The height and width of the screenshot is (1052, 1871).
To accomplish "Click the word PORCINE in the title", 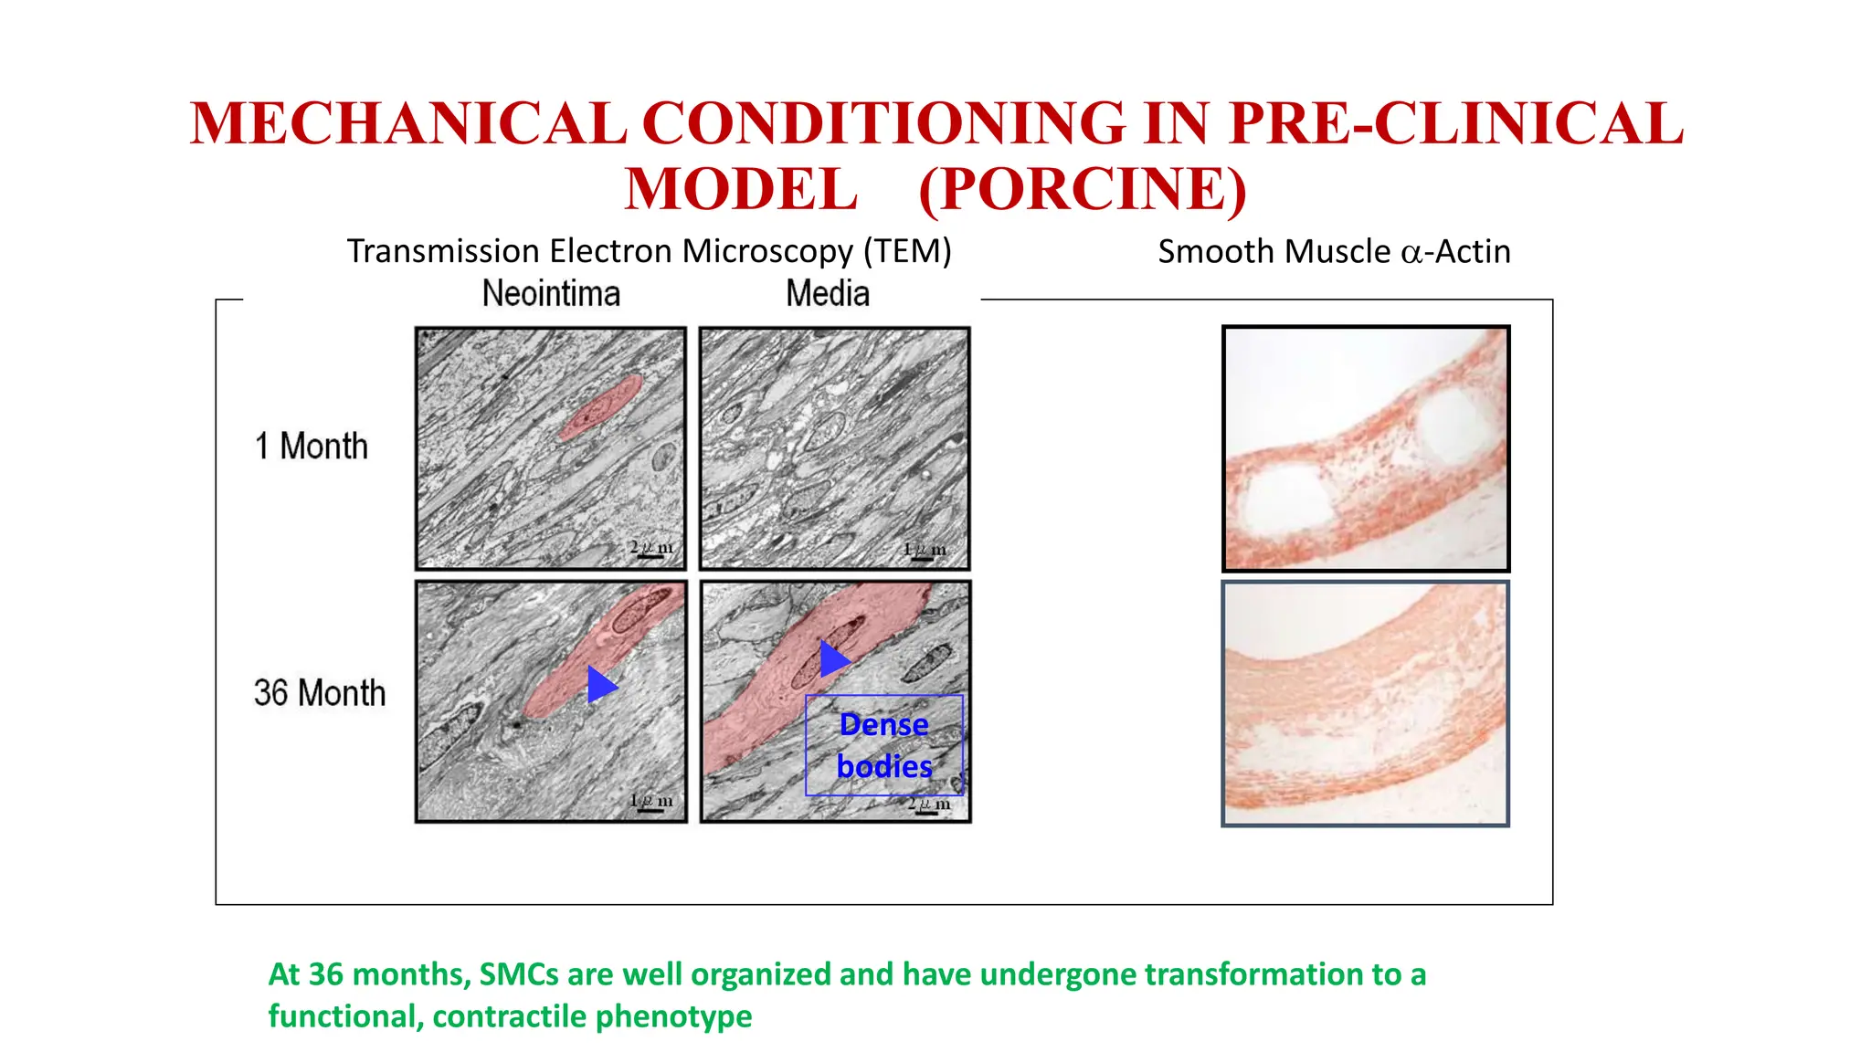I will [x=1083, y=189].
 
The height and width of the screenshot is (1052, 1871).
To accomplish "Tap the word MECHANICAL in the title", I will [x=408, y=123].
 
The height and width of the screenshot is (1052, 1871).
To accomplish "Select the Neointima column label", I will [x=551, y=294].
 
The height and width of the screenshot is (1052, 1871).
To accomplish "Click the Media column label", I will [x=828, y=294].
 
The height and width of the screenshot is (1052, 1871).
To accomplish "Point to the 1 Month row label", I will [x=312, y=447].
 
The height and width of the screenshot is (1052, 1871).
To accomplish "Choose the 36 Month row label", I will [x=320, y=693].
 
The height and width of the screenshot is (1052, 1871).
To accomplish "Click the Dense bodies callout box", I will [x=883, y=745].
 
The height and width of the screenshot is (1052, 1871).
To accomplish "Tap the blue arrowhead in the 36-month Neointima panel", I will [x=601, y=684].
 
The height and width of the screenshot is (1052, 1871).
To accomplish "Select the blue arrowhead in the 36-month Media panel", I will [x=833, y=658].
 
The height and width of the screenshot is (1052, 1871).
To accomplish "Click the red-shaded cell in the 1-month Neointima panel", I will [x=600, y=407].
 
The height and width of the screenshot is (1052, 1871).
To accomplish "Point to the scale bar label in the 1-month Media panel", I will [x=925, y=550].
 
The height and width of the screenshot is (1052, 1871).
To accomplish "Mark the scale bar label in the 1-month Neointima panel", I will [x=651, y=547].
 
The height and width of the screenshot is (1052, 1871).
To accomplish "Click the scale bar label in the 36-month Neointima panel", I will [x=651, y=801].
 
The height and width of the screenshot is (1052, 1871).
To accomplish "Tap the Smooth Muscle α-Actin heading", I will [x=1334, y=251].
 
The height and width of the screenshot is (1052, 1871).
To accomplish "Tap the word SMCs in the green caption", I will [x=519, y=974].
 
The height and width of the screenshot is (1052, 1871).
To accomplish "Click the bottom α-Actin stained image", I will [x=1365, y=704].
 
